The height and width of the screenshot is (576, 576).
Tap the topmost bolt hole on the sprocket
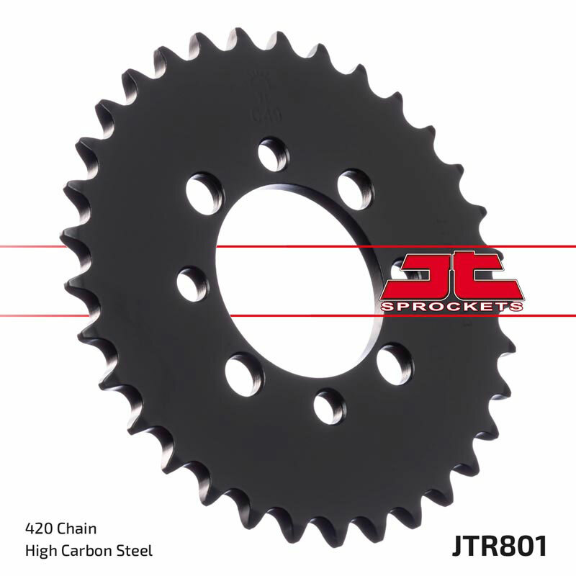click(x=273, y=155)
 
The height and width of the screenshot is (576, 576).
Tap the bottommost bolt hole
click(x=329, y=405)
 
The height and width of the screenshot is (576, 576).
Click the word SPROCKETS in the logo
click(x=451, y=306)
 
